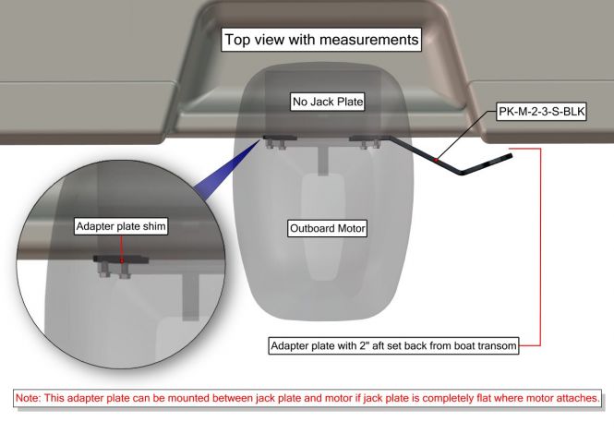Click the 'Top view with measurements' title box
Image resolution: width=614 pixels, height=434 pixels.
321,40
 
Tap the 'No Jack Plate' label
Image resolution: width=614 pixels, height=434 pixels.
328,102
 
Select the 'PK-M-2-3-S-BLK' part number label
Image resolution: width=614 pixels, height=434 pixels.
542,112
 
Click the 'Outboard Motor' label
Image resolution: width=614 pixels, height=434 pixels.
328,228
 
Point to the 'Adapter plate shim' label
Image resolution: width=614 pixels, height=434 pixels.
121,226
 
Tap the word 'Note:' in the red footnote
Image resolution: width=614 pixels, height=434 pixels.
28,398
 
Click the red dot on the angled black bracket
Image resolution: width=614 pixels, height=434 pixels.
436,160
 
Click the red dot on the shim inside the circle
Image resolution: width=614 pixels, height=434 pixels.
122,260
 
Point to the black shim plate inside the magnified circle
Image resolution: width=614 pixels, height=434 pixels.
121,259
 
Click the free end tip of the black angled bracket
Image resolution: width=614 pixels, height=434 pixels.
511,156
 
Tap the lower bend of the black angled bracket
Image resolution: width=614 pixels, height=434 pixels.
462,173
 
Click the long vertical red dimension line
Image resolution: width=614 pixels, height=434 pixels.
540,247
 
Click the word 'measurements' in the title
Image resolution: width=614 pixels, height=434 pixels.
369,40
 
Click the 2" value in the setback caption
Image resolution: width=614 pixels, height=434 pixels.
364,345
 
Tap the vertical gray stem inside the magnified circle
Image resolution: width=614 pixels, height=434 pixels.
191,296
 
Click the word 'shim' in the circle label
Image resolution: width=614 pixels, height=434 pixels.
154,226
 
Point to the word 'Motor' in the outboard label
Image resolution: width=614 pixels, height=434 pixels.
351,228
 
